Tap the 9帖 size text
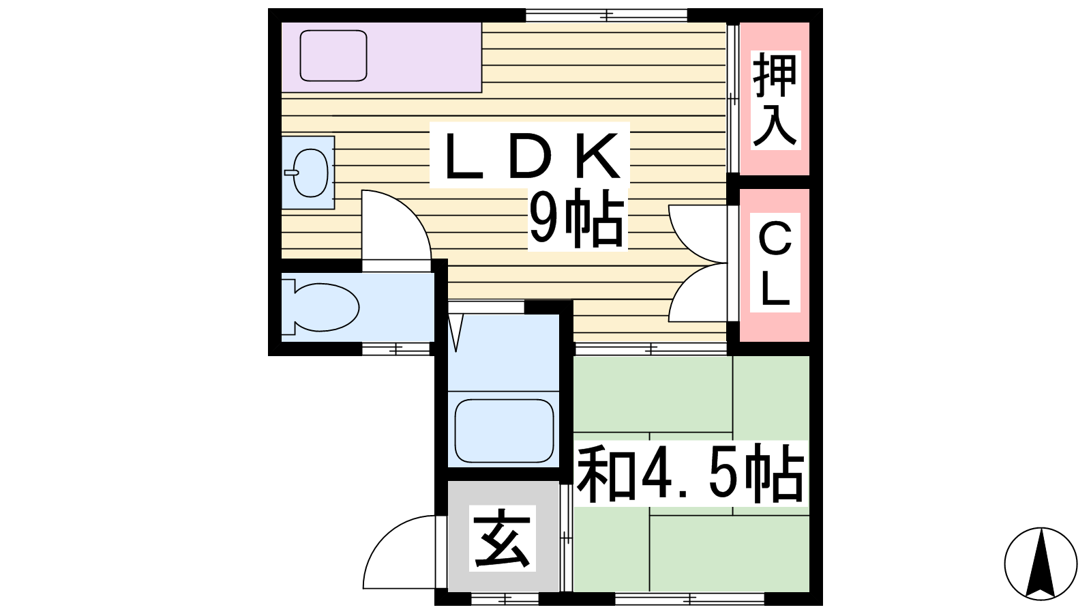point(577,218)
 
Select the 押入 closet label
point(775,100)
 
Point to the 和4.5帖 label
point(689,473)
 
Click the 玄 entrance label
point(502,538)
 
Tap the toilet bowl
point(320,307)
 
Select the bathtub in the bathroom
point(504,430)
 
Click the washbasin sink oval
point(310,173)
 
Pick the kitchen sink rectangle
point(333,55)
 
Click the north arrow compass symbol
point(1041,564)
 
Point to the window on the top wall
point(606,16)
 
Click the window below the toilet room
point(396,349)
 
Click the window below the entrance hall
point(505,598)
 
